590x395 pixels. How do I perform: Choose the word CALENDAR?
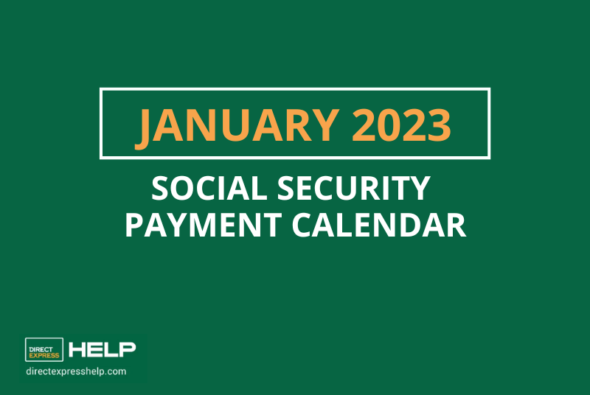point(382,225)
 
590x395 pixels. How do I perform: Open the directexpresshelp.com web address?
point(75,371)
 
